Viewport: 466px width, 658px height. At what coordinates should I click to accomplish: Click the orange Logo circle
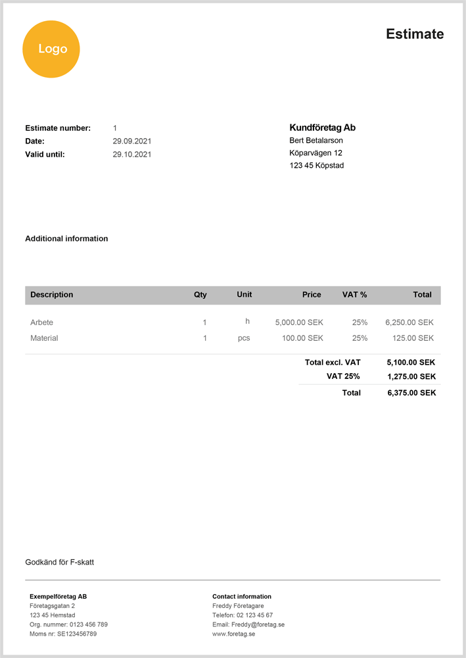tap(51, 49)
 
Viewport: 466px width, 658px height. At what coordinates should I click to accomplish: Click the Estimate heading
tap(415, 34)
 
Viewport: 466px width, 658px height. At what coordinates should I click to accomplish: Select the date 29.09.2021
tap(132, 141)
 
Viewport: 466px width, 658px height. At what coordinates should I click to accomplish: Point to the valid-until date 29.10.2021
tap(132, 155)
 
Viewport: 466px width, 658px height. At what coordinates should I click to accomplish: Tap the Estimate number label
tap(58, 128)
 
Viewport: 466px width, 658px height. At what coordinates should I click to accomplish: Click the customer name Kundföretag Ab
tap(322, 128)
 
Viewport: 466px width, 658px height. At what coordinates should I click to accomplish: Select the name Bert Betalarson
tap(316, 140)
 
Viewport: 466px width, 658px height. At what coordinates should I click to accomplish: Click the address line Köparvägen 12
tap(315, 153)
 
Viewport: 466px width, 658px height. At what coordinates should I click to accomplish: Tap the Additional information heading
tap(66, 239)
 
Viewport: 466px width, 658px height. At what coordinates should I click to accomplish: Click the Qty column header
tap(200, 295)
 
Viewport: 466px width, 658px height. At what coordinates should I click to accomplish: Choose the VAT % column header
tap(354, 295)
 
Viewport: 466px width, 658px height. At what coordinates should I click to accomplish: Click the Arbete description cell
tap(41, 322)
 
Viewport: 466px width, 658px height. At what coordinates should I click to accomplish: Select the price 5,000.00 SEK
tap(299, 322)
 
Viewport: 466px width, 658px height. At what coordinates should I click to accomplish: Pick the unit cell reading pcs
tap(244, 338)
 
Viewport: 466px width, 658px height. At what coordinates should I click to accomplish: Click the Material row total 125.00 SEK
tap(413, 338)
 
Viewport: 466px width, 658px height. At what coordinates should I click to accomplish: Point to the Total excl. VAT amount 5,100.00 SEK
tap(411, 362)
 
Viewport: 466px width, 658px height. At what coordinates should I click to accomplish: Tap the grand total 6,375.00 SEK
tap(411, 393)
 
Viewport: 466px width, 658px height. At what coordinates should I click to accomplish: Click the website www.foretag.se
tap(233, 634)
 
